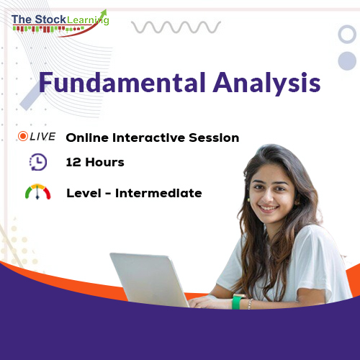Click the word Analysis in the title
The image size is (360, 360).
tap(266, 84)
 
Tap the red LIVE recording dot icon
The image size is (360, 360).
tap(23, 137)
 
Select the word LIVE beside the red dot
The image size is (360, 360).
tap(43, 137)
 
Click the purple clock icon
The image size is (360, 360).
tap(38, 163)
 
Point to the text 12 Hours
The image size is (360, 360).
tap(94, 162)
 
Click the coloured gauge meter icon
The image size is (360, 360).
tap(38, 192)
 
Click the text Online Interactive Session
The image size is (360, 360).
tap(152, 137)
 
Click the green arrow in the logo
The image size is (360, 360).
tap(100, 16)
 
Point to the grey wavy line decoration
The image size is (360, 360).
tap(176, 27)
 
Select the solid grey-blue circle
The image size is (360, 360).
tap(347, 59)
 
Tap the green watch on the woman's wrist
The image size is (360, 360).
tap(237, 302)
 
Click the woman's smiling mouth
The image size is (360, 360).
tap(268, 209)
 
